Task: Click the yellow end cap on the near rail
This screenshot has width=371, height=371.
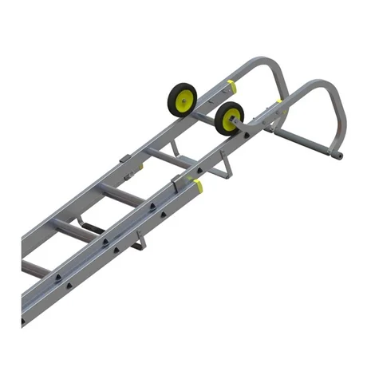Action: pos(197,187)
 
